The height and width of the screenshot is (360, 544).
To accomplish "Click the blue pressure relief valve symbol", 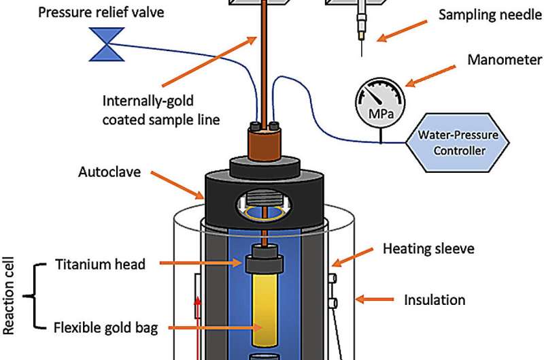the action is point(107,44).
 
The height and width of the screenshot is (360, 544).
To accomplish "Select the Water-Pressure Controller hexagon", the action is point(458,143).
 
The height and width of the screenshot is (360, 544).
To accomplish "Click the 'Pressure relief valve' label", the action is point(101,12).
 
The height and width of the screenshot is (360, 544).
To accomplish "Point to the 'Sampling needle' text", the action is point(490,15).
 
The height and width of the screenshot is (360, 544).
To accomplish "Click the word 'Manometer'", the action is point(505,60).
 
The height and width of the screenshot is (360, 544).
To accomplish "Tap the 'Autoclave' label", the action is point(109,172).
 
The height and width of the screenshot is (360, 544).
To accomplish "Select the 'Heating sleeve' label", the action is point(428,249).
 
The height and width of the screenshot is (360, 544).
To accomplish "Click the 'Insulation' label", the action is point(435,300).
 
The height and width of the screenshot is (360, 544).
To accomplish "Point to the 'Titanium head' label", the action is point(100,265).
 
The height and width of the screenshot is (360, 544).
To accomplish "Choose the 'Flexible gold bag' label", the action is point(106,328).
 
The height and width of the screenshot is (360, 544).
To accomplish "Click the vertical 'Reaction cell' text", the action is point(8,296).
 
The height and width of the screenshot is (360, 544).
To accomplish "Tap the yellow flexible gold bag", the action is point(265,310).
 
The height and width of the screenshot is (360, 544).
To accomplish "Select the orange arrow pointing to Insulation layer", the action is point(375,299).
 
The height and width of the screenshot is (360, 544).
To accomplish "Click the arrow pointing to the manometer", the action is point(430,76).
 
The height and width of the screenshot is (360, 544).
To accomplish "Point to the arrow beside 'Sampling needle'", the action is point(402,31).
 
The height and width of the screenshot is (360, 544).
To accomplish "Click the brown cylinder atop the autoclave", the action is point(265,144).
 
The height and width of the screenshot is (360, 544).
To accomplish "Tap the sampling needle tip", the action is point(362,56).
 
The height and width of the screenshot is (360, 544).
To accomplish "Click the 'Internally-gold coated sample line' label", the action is point(161,110).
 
